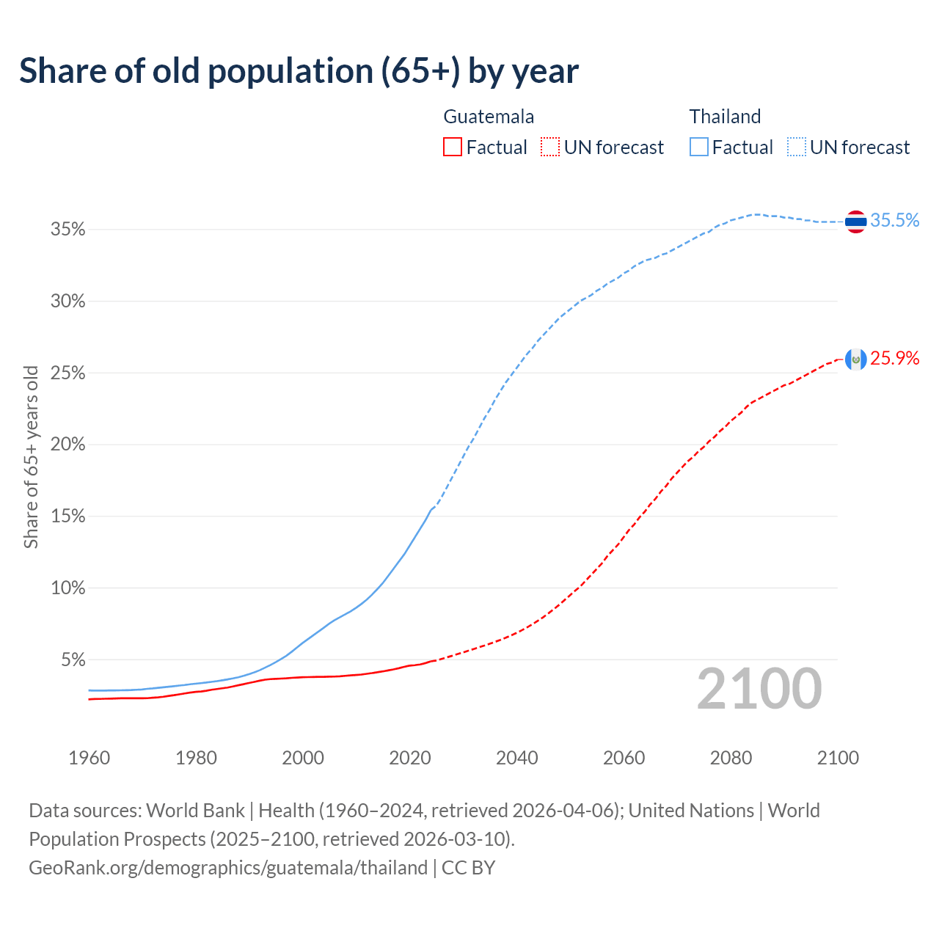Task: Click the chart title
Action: (x=299, y=71)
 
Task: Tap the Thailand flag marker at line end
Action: (x=855, y=221)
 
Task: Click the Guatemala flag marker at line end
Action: (x=855, y=359)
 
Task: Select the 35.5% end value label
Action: (x=894, y=221)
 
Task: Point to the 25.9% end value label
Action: (x=894, y=359)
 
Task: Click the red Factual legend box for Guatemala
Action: (x=453, y=147)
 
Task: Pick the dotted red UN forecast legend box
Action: (x=550, y=147)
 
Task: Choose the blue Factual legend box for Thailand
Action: (x=698, y=147)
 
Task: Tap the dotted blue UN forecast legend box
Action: (x=796, y=147)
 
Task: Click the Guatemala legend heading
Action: (x=489, y=117)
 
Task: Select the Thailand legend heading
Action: (x=725, y=117)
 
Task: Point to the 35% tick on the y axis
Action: (x=68, y=230)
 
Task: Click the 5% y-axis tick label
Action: (x=73, y=660)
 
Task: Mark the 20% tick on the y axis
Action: (x=68, y=445)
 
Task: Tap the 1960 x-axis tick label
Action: (x=89, y=758)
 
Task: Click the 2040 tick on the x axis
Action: (x=517, y=758)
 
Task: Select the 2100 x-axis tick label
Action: (x=838, y=758)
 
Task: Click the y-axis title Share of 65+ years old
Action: (x=31, y=457)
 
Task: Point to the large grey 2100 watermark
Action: (x=759, y=689)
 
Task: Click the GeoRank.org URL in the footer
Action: (x=228, y=868)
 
